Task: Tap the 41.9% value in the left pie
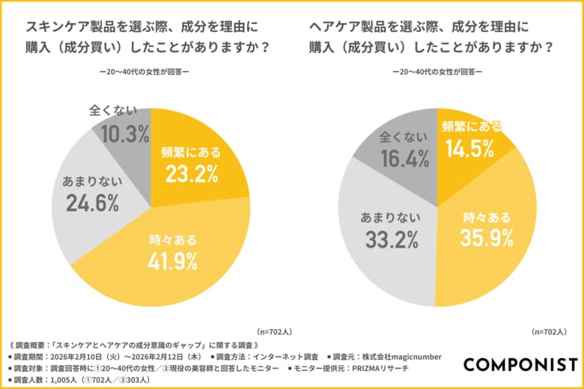tap(173, 261)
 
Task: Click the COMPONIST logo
tap(520, 364)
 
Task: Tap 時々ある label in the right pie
tap(487, 217)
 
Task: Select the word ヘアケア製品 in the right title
tap(350, 27)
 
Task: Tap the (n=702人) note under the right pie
tap(553, 331)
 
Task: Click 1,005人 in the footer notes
tap(62, 380)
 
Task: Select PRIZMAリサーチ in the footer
tap(388, 368)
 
